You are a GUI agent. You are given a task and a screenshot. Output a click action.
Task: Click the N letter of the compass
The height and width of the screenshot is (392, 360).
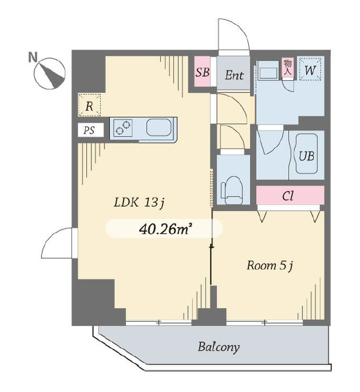32,57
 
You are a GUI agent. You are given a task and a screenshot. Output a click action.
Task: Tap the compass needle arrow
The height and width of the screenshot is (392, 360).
53,74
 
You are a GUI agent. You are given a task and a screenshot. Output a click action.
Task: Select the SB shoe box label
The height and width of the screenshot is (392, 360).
202,73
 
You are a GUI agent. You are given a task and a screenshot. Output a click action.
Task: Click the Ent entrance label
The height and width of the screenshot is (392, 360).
234,75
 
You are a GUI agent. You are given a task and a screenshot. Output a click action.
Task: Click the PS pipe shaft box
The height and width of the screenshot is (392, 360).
91,130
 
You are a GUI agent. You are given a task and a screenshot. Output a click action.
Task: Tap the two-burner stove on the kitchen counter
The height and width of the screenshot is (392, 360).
123,128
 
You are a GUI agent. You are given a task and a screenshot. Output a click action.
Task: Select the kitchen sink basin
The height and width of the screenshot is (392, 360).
158,127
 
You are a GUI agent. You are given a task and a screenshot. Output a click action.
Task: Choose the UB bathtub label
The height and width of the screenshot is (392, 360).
307,156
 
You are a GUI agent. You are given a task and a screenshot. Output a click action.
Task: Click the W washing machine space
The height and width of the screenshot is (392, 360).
310,70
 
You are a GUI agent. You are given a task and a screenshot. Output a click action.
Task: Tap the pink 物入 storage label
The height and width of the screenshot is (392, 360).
287,67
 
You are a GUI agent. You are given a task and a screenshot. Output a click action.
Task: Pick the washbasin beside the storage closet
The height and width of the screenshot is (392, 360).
268,71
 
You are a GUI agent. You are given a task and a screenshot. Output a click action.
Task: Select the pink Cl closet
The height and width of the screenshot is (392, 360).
290,195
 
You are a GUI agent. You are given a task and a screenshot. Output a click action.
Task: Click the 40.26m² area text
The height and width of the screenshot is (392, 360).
164,229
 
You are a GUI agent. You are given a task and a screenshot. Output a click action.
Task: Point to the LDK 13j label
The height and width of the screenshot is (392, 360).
139,202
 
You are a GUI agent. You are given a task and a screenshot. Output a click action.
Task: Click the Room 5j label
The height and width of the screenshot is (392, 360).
269,266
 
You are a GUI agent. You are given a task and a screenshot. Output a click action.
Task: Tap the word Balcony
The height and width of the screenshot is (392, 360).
218,347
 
